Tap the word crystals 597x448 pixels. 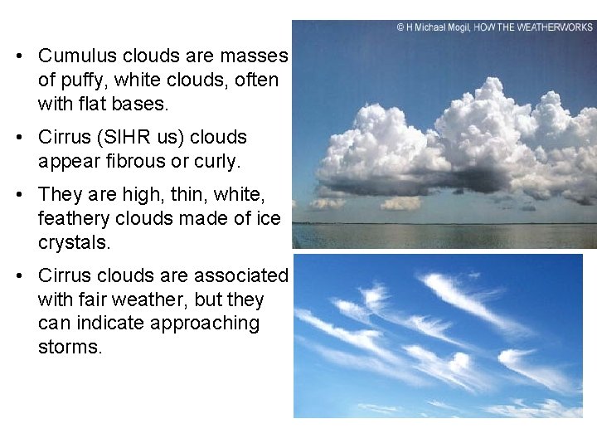[74, 242]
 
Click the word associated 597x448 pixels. [240, 275]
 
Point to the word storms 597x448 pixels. [70, 347]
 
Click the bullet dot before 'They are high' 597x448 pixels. [18, 195]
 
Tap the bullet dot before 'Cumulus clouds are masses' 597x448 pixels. [18, 57]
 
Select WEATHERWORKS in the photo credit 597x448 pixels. [554, 27]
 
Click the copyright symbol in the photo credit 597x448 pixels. [400, 27]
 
